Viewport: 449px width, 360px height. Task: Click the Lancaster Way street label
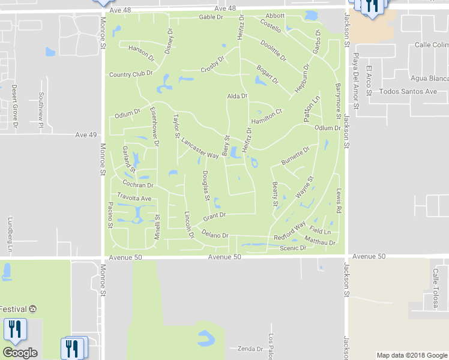(x=200, y=149)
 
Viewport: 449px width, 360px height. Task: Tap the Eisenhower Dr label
(x=154, y=127)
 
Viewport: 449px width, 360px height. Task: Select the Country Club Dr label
(x=131, y=74)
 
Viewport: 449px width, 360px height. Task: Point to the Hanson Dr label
(x=142, y=54)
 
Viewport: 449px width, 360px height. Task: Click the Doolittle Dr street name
(x=273, y=50)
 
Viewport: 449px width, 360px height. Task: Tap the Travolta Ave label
(x=134, y=198)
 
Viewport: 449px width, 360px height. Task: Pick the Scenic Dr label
(x=293, y=248)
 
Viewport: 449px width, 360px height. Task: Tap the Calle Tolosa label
(x=436, y=289)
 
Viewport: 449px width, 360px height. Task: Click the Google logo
(x=20, y=353)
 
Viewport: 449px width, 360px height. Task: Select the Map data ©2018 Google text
(x=411, y=355)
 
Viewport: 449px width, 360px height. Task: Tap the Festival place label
(x=13, y=309)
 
